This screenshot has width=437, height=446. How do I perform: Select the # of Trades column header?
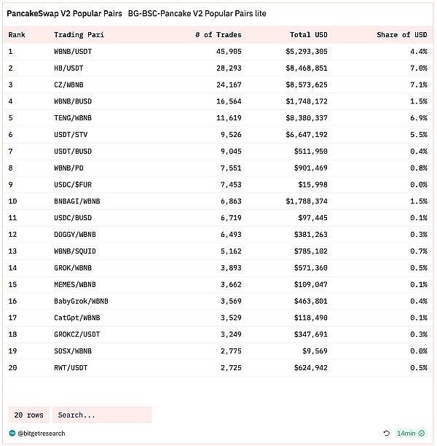click(219, 35)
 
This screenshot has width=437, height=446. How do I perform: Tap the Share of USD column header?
click(402, 35)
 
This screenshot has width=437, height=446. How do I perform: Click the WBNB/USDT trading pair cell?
click(73, 52)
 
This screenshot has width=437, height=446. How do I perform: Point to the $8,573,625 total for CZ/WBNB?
click(307, 85)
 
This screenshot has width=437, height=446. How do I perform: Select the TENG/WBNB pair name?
click(73, 118)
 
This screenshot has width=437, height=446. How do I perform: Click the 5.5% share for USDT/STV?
click(418, 135)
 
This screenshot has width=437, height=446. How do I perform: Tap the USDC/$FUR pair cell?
click(73, 184)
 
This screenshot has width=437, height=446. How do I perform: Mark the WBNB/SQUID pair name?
click(75, 251)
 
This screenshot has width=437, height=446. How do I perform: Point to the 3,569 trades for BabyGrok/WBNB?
click(229, 301)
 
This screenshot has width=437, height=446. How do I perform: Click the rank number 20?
click(12, 368)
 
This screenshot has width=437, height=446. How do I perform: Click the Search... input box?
click(101, 415)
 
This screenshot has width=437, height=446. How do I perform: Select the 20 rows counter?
click(29, 415)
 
